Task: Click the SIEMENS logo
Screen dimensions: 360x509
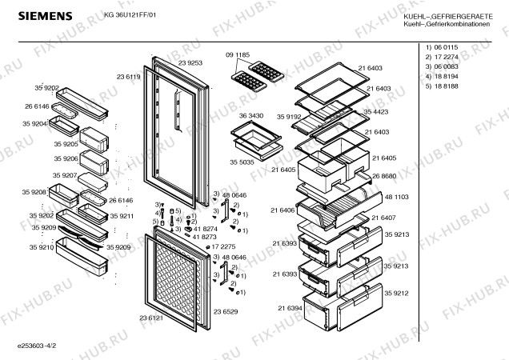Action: pos(38,14)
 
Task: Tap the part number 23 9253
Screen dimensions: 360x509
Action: pos(190,62)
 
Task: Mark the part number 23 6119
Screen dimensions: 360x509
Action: pos(128,77)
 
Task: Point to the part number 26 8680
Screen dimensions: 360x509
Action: pos(385,176)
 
